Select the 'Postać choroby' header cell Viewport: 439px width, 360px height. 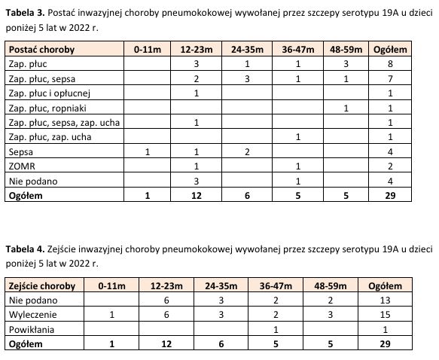pyautogui.click(x=39, y=50)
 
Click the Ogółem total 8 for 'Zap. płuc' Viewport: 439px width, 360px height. pyautogui.click(x=390, y=65)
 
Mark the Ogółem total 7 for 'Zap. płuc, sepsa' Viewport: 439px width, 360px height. pyautogui.click(x=390, y=79)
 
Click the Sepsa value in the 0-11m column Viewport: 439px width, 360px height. pyautogui.click(x=148, y=151)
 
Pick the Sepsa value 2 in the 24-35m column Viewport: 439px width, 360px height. pyautogui.click(x=246, y=151)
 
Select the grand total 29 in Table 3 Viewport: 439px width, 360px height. pyautogui.click(x=390, y=195)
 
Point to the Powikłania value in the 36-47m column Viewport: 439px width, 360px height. pyautogui.click(x=276, y=329)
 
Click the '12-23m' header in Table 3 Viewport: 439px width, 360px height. pyautogui.click(x=197, y=50)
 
